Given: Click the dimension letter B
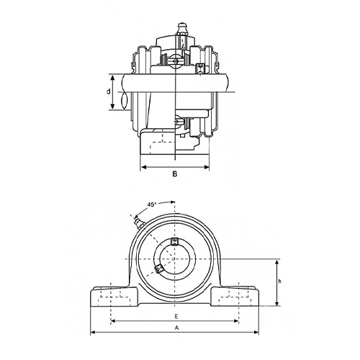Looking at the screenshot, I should pyautogui.click(x=175, y=174).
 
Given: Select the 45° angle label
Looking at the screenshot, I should pyautogui.click(x=152, y=204).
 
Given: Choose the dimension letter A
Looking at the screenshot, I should pyautogui.click(x=175, y=328).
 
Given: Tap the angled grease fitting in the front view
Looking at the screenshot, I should pyautogui.click(x=137, y=220).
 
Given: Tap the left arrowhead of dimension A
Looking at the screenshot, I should pyautogui.click(x=92, y=333).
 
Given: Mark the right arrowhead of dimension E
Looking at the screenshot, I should pyautogui.click(x=238, y=320).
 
